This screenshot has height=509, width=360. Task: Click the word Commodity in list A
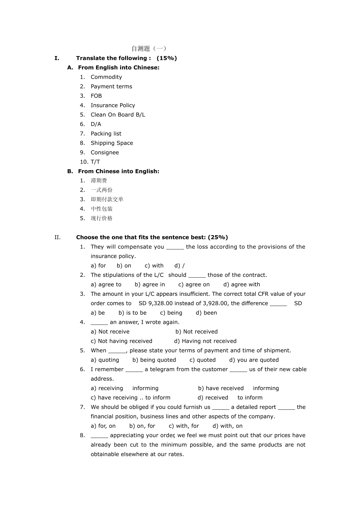(x=106, y=77)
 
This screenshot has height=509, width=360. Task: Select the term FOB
(x=96, y=96)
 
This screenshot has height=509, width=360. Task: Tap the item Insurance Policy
(x=113, y=105)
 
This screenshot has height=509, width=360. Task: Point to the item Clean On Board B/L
(x=118, y=115)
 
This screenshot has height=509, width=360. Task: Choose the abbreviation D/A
(x=96, y=124)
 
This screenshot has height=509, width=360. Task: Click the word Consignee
(x=105, y=152)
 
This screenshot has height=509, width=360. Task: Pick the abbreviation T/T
(x=95, y=162)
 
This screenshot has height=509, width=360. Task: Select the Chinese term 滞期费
(x=99, y=181)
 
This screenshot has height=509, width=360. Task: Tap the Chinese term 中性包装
(x=102, y=209)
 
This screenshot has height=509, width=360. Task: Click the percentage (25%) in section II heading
(x=218, y=237)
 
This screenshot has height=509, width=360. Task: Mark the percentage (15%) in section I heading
(x=167, y=58)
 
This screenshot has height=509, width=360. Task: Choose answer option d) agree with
(x=242, y=284)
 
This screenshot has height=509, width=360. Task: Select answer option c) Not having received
(x=121, y=341)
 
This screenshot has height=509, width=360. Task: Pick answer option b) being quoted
(x=154, y=360)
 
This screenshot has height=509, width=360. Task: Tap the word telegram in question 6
(x=162, y=369)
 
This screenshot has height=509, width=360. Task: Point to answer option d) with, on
(x=227, y=426)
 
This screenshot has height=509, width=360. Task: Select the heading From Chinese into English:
(x=119, y=171)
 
